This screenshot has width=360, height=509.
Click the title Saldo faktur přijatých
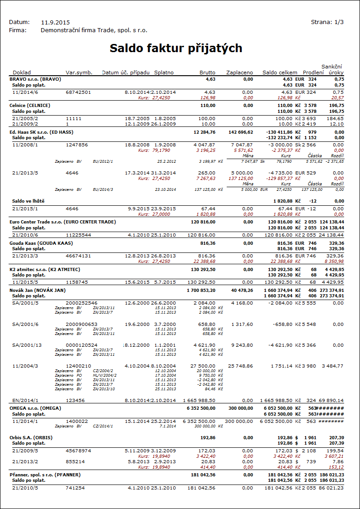point(176,48)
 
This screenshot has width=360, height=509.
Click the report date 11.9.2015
point(55,22)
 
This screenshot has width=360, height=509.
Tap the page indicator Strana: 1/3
point(327,22)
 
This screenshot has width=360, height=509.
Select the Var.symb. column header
point(79,73)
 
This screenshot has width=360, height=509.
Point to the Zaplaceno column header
point(239,73)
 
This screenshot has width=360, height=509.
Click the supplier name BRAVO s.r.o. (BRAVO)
point(35,79)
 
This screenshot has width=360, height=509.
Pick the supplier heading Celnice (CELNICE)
point(30,105)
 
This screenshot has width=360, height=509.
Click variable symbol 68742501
point(78,92)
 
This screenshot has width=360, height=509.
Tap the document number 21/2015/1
point(25,208)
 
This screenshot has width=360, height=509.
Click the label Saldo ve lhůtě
point(29,200)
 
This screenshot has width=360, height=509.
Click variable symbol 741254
point(75,488)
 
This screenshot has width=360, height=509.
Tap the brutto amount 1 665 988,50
point(199,401)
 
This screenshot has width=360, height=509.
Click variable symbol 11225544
point(78,235)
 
